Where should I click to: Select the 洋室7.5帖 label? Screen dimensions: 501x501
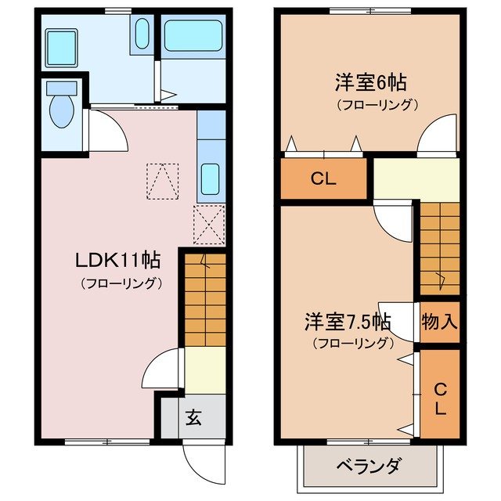coord(348,322)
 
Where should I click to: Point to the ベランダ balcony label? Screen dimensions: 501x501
coord(368,467)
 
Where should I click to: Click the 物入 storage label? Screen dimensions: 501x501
coord(439,321)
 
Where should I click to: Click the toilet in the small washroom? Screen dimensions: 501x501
coord(59,110)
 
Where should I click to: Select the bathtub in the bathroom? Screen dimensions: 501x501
coord(193,36)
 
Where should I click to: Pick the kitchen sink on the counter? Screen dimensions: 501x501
coord(209,178)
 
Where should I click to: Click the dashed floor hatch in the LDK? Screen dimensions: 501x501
coord(163,182)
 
